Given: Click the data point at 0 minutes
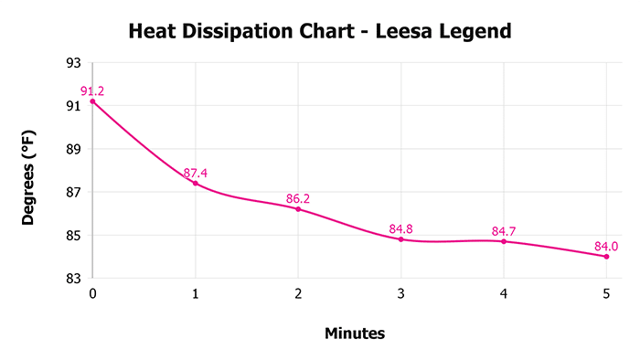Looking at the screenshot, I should [92, 101].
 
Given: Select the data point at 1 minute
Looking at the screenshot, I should [196, 184].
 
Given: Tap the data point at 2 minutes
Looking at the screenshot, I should [298, 209].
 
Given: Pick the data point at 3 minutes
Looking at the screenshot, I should [401, 239].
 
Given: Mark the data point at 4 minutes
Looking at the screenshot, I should [504, 241].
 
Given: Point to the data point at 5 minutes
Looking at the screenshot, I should [607, 257].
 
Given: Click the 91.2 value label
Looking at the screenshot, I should [92, 90].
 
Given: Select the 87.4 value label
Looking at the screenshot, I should [196, 173].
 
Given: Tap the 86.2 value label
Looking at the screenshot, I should [298, 197].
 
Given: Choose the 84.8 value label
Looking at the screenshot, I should [401, 228].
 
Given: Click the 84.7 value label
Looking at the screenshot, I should [504, 230].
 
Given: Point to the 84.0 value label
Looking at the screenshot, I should [607, 245].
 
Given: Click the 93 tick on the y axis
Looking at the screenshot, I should [73, 63].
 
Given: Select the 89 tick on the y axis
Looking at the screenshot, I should [73, 149].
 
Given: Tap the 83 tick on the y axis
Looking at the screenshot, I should [73, 278].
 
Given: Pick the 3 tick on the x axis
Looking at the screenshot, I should [401, 294].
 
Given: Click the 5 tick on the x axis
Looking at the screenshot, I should [607, 294].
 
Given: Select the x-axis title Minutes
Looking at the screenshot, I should [355, 334].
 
